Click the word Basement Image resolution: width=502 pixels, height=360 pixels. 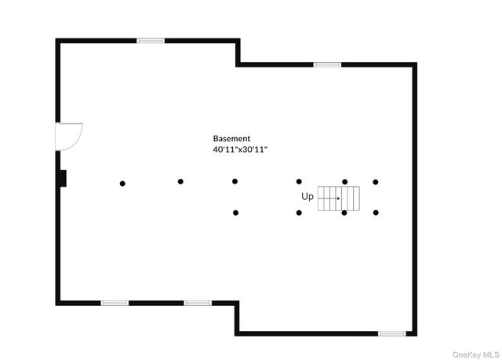pos(231,139)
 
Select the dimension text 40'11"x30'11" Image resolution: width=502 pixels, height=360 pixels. pos(240,150)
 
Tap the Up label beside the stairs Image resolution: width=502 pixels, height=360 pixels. pos(307,197)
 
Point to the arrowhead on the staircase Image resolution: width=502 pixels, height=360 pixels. pos(338,198)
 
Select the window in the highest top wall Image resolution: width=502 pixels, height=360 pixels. pos(151,41)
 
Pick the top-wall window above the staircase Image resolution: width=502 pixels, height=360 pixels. pos(327,64)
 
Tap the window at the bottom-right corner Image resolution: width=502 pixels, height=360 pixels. pos(392,333)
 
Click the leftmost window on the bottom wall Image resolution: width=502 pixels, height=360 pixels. pos(115,303)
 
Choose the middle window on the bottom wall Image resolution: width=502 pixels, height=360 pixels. pos(198,303)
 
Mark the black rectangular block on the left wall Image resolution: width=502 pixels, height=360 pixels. pos(63,178)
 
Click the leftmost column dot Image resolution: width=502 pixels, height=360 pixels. pos(122,184)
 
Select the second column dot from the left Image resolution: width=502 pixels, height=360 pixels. pos(180,181)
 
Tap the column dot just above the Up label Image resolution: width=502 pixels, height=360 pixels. pos(299,182)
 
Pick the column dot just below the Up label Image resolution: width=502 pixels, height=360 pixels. pos(299,213)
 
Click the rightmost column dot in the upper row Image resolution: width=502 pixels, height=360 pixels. pos(376,182)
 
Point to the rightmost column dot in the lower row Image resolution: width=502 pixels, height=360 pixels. pos(376,213)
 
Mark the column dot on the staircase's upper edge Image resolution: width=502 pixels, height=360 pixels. pos(345,182)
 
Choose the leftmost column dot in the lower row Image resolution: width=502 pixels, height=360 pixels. pos(235,213)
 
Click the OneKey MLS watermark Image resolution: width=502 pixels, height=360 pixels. pos(476,355)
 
